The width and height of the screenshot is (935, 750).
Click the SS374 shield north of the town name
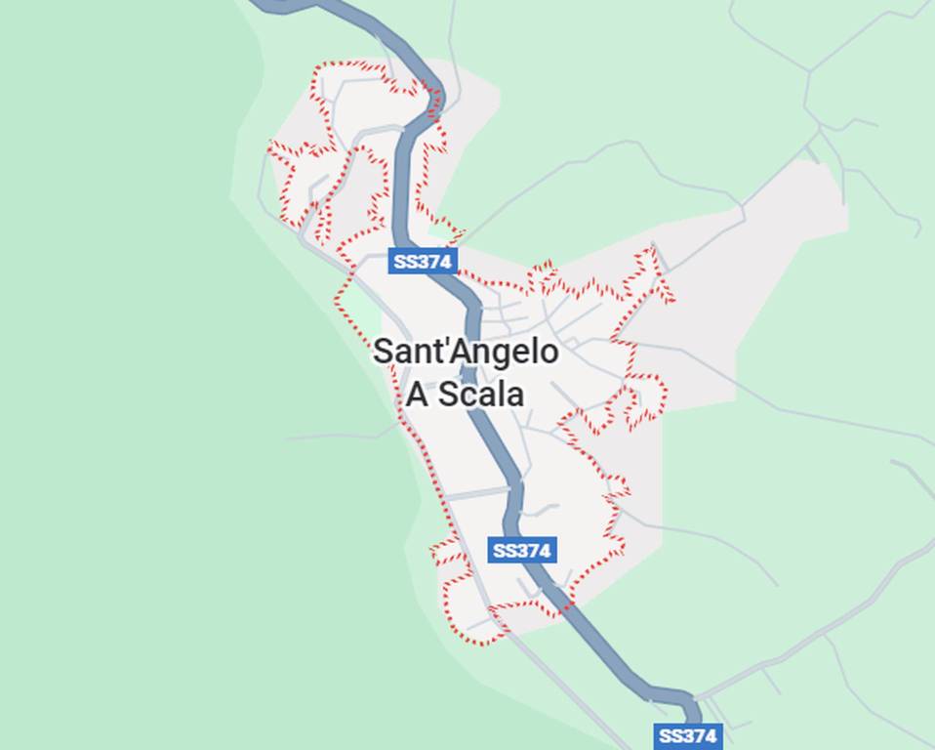tap(423, 261)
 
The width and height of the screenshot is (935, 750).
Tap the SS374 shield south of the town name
tap(522, 550)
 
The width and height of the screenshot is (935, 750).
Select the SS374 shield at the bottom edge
tap(687, 735)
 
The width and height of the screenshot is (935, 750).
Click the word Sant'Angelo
tap(466, 352)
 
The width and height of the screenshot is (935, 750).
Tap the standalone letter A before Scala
tap(416, 394)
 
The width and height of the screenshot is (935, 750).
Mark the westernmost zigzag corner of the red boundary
tap(272, 146)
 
